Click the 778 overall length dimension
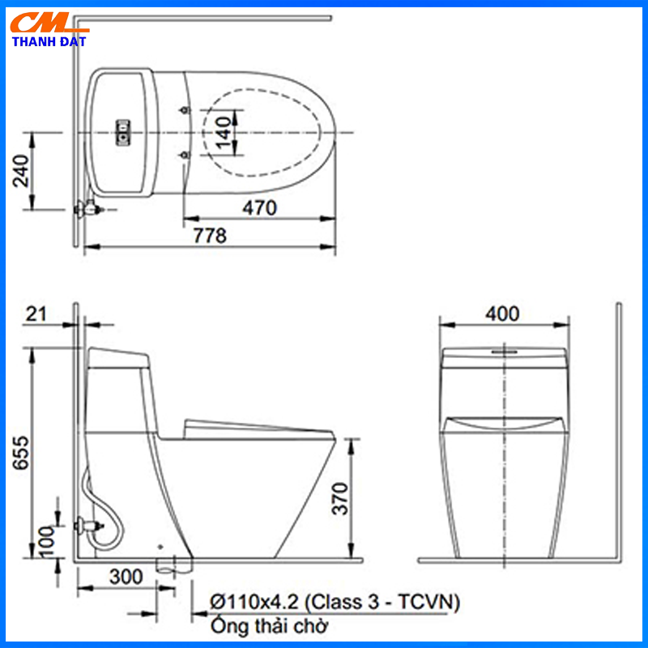coord(209,235)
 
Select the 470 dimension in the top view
coord(260,207)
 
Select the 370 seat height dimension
coord(339,500)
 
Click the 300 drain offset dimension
coord(125,577)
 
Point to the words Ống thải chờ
coord(269,626)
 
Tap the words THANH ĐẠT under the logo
coord(50,40)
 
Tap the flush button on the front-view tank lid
coord(504,352)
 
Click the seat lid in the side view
coord(243,424)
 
